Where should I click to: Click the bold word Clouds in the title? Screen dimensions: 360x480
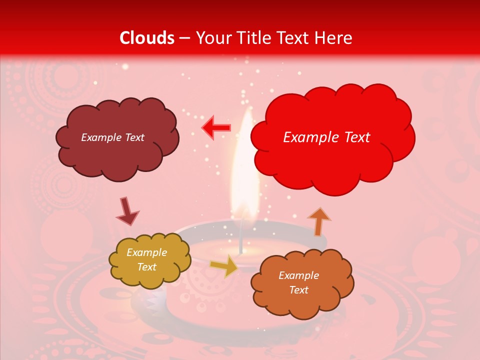(x=147, y=38)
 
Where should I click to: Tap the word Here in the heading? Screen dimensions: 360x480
(x=334, y=38)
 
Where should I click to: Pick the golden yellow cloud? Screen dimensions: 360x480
(x=149, y=260)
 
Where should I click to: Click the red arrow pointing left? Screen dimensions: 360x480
(x=216, y=128)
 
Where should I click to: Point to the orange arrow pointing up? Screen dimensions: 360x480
(x=319, y=221)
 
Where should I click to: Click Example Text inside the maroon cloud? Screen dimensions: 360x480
(x=112, y=137)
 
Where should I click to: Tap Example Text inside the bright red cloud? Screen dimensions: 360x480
(x=326, y=137)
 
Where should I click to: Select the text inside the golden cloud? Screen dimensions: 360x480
(x=146, y=259)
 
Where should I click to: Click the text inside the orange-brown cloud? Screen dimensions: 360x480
(x=298, y=282)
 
